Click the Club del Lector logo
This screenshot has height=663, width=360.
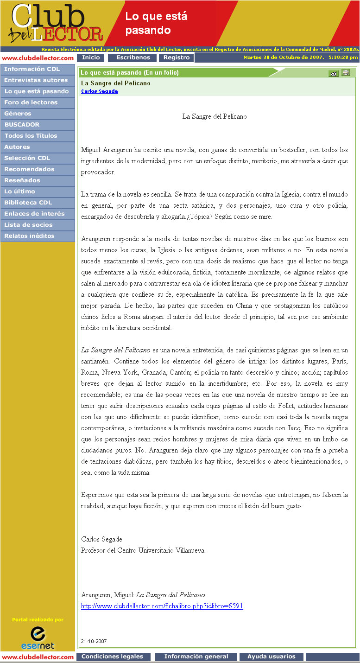click(56, 23)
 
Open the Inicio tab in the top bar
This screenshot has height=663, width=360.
click(91, 58)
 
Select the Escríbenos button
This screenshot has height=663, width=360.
click(133, 58)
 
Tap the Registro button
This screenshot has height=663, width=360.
click(176, 58)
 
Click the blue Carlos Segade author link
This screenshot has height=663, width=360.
click(99, 91)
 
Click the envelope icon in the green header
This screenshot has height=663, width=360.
click(333, 73)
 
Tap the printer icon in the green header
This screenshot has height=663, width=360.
click(346, 73)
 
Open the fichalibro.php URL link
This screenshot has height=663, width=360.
click(162, 606)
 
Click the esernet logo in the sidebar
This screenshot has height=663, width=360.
click(38, 638)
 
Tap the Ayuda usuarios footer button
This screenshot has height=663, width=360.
click(271, 657)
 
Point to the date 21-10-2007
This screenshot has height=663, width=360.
click(94, 641)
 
